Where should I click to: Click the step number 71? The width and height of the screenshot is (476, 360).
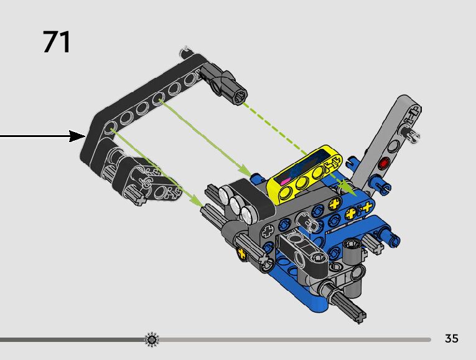tap(57, 42)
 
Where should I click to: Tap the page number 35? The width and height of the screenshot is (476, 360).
tap(451, 338)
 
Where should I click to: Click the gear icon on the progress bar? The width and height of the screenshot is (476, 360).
tap(151, 339)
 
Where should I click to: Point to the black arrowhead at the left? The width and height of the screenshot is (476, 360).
tap(77, 136)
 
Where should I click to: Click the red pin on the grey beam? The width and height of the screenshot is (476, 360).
tap(385, 163)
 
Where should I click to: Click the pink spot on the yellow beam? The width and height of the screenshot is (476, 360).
tap(284, 182)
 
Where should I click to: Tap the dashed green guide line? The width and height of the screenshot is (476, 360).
tap(275, 128)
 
